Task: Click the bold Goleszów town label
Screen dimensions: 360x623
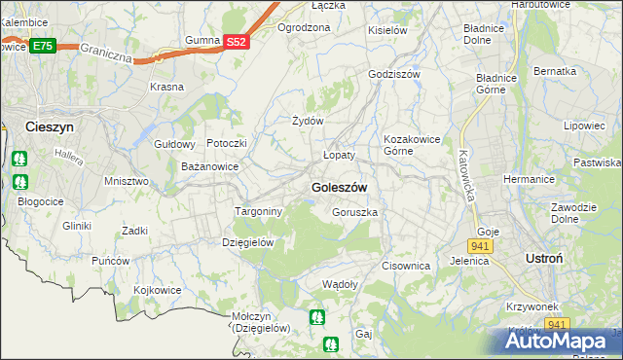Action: (339, 187)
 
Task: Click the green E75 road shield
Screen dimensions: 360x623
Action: (42, 46)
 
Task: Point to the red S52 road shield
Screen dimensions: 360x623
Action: (237, 42)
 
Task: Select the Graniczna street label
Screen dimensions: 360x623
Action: (106, 52)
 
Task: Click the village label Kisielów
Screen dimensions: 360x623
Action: (386, 30)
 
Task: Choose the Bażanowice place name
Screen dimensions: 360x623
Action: (210, 167)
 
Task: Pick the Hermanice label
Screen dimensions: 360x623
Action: (530, 180)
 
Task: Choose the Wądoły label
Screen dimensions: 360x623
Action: (341, 284)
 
